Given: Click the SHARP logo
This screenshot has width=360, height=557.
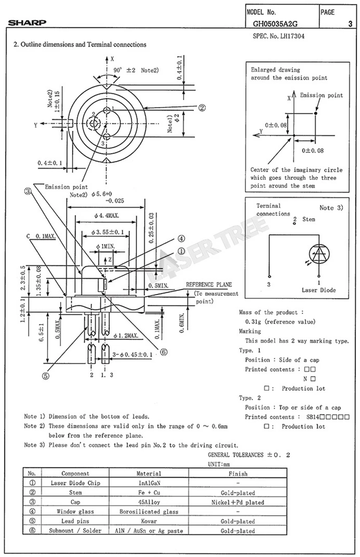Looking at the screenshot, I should [27, 23].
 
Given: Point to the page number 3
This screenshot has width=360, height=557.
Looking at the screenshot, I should [350, 24].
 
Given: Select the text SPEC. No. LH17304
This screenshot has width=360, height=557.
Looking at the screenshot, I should [279, 36].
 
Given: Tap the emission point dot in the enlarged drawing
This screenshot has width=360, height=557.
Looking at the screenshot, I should [316, 113].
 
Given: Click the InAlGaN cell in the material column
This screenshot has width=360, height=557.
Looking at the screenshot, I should [149, 483].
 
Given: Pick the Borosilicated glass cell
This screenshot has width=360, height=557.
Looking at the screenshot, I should [149, 511].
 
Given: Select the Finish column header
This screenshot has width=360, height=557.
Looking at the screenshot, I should [238, 473].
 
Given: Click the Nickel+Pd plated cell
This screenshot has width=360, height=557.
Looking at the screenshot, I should [238, 502].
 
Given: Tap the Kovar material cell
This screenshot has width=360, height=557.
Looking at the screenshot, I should [149, 521].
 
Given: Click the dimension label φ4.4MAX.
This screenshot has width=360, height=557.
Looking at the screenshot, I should [107, 216].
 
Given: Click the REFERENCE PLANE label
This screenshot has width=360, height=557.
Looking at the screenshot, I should [209, 285].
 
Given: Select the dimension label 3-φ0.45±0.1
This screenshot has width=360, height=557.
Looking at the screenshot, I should [132, 355].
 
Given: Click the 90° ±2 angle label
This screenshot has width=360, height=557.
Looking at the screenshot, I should [124, 70].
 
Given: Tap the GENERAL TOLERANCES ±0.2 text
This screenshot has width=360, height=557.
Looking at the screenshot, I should [249, 455].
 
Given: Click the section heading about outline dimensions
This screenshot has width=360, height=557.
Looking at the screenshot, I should [80, 45].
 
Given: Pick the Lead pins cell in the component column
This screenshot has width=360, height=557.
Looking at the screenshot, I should [75, 521].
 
